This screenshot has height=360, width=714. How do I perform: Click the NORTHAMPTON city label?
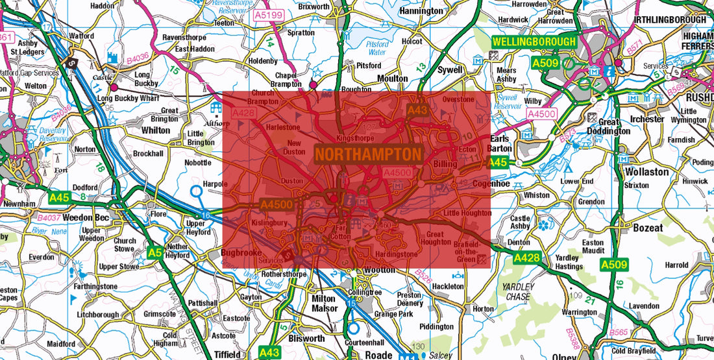click(369, 154)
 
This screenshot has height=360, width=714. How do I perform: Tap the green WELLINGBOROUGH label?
click(534, 42)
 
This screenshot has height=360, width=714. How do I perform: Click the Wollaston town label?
click(646, 172)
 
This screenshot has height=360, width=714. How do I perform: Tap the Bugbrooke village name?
click(240, 252)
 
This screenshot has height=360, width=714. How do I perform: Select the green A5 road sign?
click(154, 253)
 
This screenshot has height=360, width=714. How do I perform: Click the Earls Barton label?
click(502, 143)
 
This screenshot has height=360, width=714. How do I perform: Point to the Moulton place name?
click(392, 78)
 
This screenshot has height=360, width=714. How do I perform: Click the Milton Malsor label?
click(324, 304)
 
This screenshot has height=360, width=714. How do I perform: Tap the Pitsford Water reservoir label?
click(378, 49)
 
